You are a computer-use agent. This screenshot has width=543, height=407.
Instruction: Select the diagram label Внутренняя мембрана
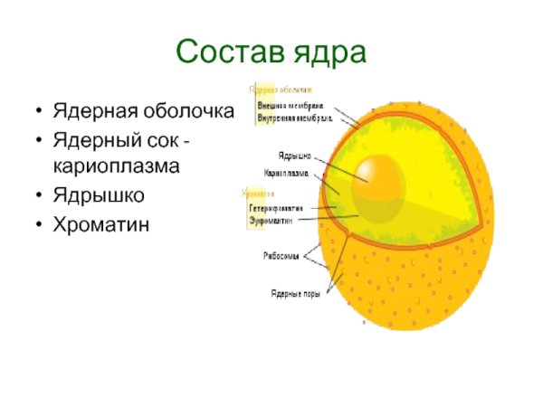pos(294,118)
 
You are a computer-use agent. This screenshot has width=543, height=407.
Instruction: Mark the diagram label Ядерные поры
pos(291,292)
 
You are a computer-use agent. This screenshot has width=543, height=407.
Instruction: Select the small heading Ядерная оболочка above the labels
pos(281,90)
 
